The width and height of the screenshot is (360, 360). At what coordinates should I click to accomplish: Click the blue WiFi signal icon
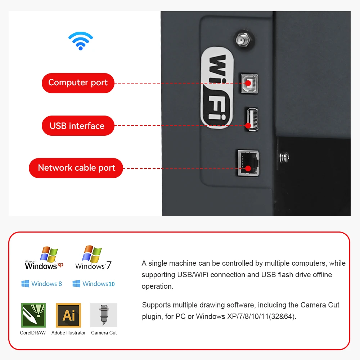81,41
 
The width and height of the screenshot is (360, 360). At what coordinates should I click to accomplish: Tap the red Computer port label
78,83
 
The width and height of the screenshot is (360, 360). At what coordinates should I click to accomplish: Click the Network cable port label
76,168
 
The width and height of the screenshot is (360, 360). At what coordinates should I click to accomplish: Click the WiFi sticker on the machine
217,88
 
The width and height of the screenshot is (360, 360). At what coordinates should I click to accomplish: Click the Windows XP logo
44,258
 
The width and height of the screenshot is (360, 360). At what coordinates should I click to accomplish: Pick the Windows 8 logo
42,284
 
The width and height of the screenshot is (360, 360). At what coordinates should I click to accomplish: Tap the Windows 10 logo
94,284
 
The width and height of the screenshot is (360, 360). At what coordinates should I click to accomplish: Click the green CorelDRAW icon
33,315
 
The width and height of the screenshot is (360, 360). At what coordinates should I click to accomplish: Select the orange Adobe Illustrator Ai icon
68,315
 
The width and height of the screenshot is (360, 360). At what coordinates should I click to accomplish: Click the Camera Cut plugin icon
104,315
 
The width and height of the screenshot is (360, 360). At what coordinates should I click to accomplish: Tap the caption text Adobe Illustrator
68,333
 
